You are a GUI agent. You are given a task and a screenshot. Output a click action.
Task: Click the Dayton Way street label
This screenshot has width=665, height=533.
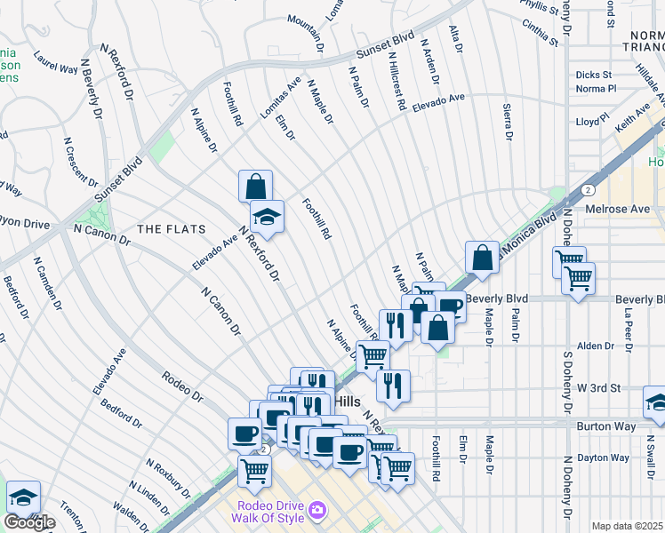tap(605, 458)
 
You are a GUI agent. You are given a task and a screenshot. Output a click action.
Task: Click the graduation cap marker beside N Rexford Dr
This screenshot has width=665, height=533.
tap(266, 216)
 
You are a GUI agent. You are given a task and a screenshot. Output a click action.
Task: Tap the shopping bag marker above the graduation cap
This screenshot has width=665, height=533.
tap(255, 187)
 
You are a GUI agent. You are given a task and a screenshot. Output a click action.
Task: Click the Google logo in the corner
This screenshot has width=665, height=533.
tap(28, 522)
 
